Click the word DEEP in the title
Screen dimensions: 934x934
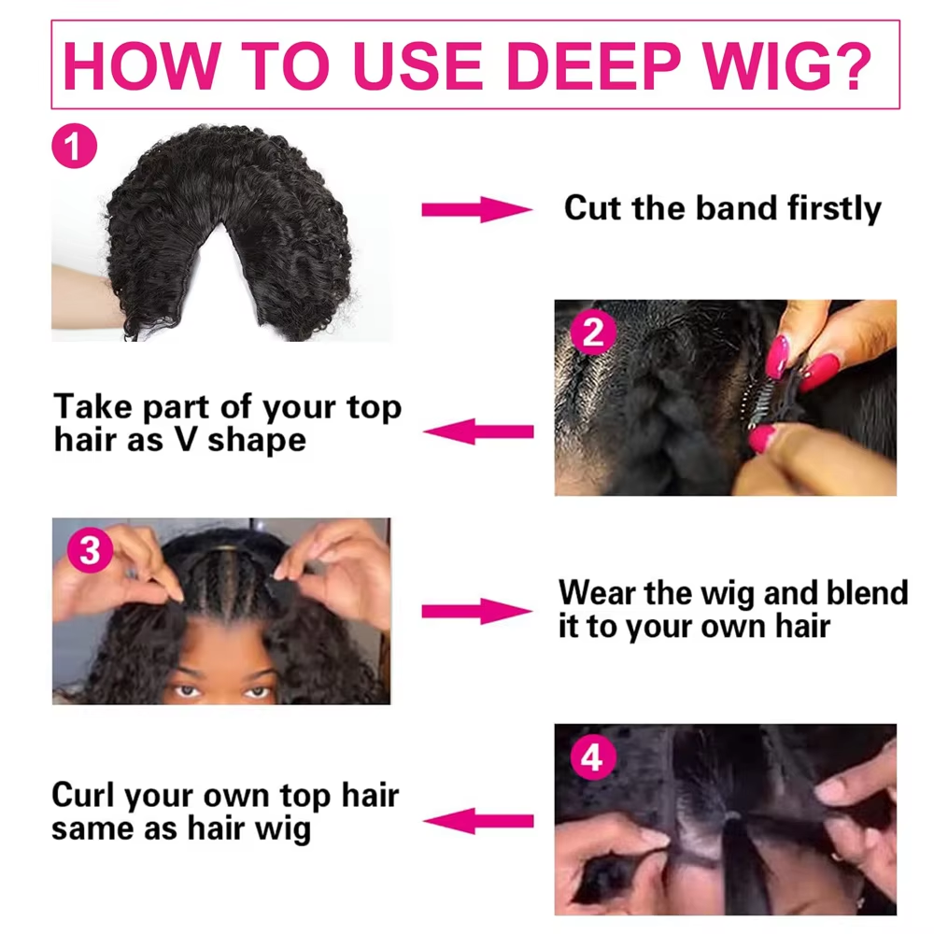[x=593, y=65]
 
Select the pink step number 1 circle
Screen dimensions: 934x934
[x=75, y=146]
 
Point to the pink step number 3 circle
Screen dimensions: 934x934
[x=90, y=549]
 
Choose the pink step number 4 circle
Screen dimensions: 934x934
[x=592, y=757]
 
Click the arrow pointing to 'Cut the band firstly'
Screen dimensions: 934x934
[x=476, y=209]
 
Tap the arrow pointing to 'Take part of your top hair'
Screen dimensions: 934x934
[x=478, y=432]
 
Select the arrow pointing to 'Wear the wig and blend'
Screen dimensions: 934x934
[x=476, y=611]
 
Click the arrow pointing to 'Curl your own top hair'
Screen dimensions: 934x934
[x=478, y=821]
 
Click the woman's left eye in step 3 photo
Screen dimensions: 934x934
[x=258, y=691]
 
